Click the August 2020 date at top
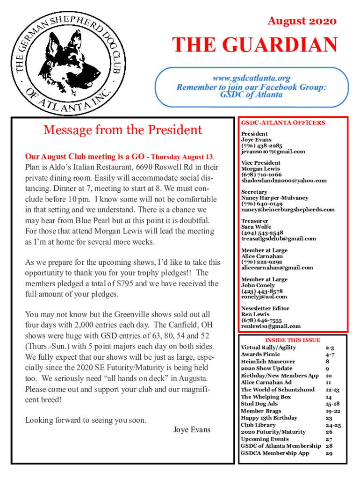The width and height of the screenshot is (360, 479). click(x=302, y=21)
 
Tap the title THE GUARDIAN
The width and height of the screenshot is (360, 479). click(x=255, y=46)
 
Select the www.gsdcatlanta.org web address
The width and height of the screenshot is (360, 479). click(x=252, y=78)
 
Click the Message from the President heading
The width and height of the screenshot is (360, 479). click(x=123, y=130)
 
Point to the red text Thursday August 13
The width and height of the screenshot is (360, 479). click(x=183, y=156)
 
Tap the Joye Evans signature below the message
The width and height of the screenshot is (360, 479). click(x=192, y=429)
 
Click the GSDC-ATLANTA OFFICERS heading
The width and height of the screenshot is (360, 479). click(x=283, y=123)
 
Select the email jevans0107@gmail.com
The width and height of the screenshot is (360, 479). click(x=273, y=152)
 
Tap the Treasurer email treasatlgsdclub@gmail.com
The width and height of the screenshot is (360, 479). click(x=278, y=239)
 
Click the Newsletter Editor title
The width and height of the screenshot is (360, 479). click(x=265, y=308)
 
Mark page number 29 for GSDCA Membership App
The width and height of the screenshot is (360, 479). click(x=328, y=453)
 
